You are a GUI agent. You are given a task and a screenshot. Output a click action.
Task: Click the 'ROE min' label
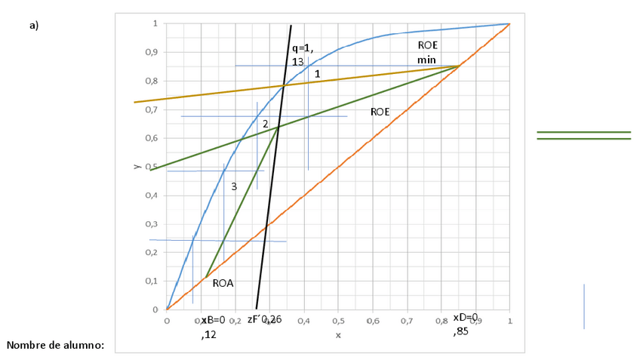click(x=427, y=52)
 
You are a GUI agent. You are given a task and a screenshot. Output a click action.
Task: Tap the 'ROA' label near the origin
click(x=223, y=284)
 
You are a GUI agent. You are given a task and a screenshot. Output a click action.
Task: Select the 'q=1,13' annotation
click(x=302, y=56)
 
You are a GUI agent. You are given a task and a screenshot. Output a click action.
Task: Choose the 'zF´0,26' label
click(x=265, y=320)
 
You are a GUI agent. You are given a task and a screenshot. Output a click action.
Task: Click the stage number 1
click(x=318, y=75)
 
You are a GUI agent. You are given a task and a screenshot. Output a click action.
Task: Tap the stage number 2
click(x=266, y=124)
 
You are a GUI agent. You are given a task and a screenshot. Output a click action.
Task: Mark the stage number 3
click(x=234, y=186)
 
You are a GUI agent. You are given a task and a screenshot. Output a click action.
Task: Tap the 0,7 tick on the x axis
click(x=407, y=321)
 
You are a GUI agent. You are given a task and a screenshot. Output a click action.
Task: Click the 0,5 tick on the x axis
click(x=338, y=321)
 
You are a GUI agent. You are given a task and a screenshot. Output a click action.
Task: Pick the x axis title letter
click(x=338, y=334)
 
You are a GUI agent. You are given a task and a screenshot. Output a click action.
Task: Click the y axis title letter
click(x=137, y=167)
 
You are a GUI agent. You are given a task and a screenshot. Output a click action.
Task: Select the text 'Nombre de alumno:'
click(x=55, y=346)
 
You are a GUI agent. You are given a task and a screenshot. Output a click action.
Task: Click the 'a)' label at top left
click(x=34, y=25)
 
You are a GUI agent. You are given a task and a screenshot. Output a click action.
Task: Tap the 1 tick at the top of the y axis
click(x=155, y=24)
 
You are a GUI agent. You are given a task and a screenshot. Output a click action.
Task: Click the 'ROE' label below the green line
click(x=380, y=112)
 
